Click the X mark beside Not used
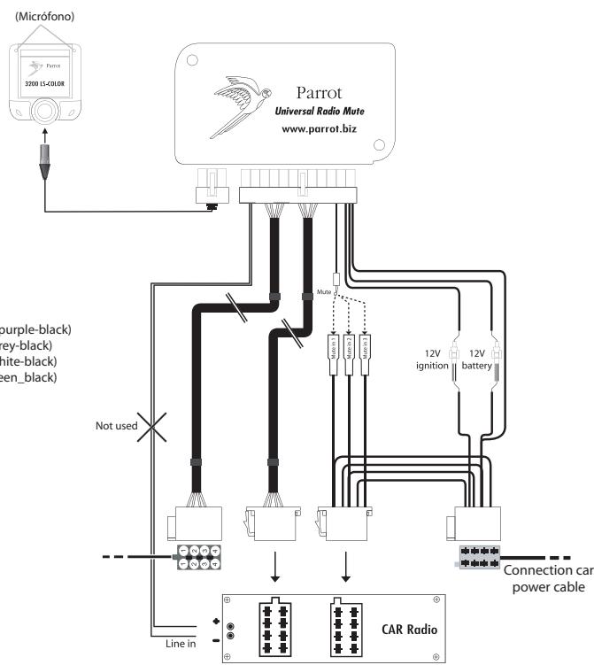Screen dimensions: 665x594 (154, 426)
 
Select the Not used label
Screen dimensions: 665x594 (115, 426)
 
